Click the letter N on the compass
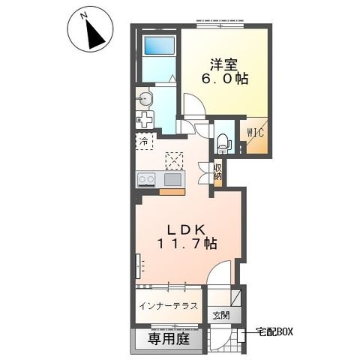tap(84, 16)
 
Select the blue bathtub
tap(160, 45)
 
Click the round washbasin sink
tap(145, 100)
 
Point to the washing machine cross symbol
tap(145, 120)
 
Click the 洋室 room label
tap(223, 65)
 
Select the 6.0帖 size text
tap(225, 79)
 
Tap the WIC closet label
tap(256, 133)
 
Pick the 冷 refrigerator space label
tap(143, 142)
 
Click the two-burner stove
tap(146, 180)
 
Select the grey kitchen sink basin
tap(172, 180)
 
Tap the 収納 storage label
tap(217, 172)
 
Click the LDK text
tap(187, 229)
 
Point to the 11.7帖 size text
tap(187, 243)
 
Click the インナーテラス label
tap(169, 306)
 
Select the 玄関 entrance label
tap(221, 316)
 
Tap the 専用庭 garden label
tap(169, 339)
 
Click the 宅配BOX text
tap(274, 332)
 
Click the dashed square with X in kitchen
tap(174, 160)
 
